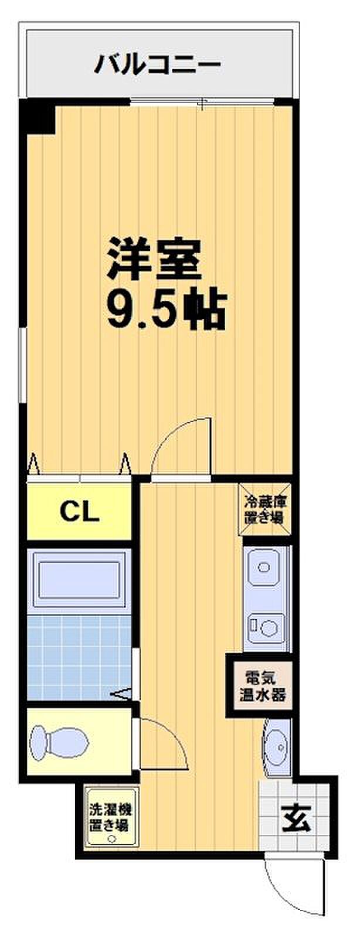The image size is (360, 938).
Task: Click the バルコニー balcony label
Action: [157, 64]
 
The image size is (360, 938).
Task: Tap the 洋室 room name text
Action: [154, 260]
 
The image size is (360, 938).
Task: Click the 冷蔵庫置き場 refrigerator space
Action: [264, 509]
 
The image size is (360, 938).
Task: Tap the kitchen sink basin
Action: [264, 567]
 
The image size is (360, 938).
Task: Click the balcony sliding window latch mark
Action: [202, 103]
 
